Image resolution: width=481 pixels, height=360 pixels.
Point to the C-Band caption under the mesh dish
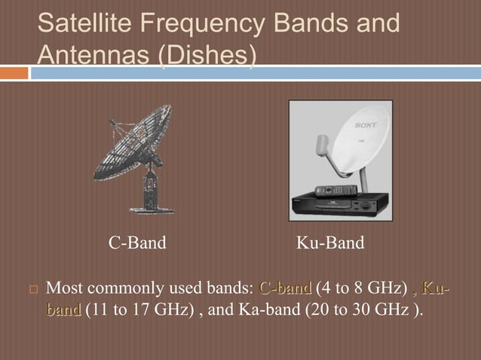(x=137, y=243)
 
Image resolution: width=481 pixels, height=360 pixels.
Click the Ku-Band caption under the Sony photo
(x=330, y=243)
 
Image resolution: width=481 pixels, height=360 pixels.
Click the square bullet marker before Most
(x=32, y=288)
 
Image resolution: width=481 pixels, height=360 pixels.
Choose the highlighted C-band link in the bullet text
(x=284, y=287)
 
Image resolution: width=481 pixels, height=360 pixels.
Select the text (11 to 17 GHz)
(x=139, y=309)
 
